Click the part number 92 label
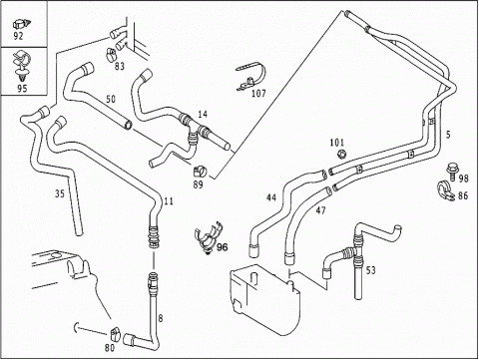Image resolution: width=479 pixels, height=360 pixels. pos(18,36)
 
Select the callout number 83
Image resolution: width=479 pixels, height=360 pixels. pos(120,66)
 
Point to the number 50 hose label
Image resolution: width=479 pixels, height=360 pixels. pos(111,99)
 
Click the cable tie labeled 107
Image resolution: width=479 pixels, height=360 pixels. pos(251,78)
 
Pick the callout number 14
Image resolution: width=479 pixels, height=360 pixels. pos(203,115)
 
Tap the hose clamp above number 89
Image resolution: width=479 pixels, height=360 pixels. pos(200,171)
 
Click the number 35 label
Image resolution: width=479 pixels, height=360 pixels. pos(60,193)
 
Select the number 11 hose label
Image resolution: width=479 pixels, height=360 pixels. pos(169,201)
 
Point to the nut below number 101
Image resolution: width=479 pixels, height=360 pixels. pos(341,154)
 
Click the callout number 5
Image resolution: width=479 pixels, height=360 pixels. pos(448,135)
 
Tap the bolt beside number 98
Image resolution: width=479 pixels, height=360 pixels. pos(451,171)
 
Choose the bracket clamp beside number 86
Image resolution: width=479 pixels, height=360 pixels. pos(445,190)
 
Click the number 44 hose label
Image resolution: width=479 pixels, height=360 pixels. pos(271,197)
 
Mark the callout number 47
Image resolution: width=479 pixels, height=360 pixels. pos(320,210)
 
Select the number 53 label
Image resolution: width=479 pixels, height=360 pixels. pos(370,270)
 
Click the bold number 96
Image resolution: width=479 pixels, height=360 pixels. pos(223,247)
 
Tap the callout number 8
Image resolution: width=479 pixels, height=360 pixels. pos(161,318)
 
